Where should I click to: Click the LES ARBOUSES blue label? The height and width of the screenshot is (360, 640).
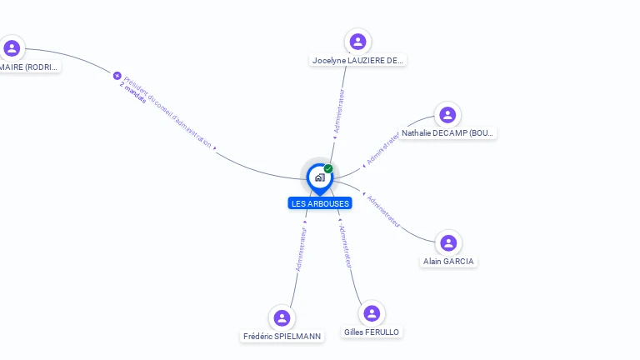(x=320, y=203)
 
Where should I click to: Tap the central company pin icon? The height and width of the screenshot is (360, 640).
(x=319, y=177)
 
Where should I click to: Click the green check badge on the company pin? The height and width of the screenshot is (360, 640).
(x=328, y=168)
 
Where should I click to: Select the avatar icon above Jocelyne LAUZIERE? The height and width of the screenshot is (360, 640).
(x=357, y=42)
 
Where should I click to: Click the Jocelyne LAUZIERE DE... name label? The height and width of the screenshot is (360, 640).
(x=357, y=61)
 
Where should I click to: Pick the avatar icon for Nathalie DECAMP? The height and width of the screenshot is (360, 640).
(x=447, y=115)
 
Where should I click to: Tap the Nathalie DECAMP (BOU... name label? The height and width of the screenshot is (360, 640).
(x=447, y=133)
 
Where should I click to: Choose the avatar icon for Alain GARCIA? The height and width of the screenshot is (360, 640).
(x=448, y=243)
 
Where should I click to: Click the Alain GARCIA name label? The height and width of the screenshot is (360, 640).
(x=448, y=262)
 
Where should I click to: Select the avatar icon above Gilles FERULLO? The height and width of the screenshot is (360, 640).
(x=372, y=313)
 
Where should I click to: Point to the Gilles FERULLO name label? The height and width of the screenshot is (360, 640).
(x=372, y=332)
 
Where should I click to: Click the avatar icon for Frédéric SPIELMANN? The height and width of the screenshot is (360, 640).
(x=282, y=317)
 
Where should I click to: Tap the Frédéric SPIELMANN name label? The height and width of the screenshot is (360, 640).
(x=282, y=337)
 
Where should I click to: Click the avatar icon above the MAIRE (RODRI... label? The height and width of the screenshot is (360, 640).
(x=12, y=47)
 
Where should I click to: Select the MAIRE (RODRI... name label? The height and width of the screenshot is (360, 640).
(x=30, y=67)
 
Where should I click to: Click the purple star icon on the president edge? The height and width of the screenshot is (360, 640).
(x=117, y=76)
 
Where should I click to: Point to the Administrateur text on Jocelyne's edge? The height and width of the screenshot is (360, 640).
(x=338, y=112)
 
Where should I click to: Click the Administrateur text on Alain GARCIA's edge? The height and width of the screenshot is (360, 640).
(x=384, y=212)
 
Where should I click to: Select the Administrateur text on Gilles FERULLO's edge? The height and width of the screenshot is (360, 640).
(x=346, y=247)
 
